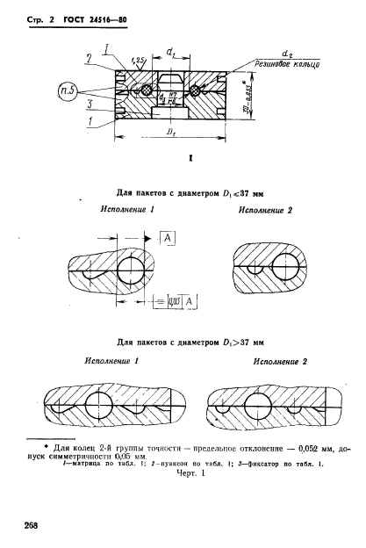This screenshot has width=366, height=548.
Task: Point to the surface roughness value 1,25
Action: tap(137, 60)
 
